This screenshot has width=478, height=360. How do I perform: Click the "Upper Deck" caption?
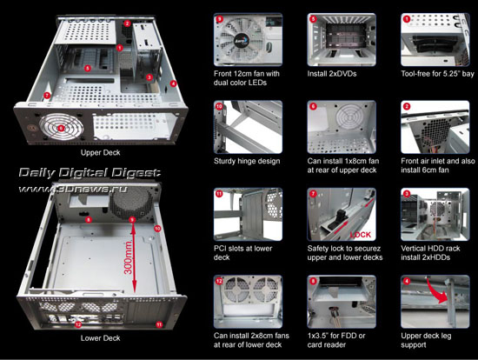100,152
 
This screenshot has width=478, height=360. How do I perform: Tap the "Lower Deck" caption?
100,338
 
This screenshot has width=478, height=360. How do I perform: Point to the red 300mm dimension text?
129,257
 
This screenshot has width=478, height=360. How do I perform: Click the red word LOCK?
361,235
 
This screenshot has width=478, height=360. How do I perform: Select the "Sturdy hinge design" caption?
247,161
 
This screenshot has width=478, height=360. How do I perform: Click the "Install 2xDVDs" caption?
332,74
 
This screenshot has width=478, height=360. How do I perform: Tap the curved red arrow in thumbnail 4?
436,291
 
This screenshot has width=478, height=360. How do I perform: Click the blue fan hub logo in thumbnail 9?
241,40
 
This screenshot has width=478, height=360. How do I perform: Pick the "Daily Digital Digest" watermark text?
90,173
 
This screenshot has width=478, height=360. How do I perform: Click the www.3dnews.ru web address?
72,190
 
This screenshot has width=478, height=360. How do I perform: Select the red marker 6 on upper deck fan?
61,128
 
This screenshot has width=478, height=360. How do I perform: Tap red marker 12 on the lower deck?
78,324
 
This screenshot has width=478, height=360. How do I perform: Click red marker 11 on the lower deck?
159,324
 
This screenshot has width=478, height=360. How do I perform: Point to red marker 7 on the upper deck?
47,95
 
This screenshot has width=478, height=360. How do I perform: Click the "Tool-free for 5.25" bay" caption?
438,74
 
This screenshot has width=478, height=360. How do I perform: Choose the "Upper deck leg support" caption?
426,340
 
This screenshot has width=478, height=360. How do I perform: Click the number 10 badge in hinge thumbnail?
219,106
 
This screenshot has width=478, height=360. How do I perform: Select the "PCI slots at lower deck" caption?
243,253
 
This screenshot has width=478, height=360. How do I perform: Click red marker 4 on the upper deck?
173,83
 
